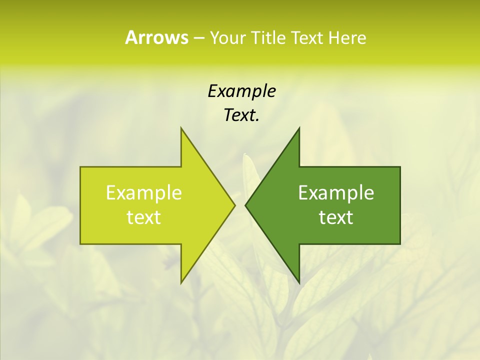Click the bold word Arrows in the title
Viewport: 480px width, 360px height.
click(156, 37)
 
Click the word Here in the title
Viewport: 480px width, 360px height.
click(347, 38)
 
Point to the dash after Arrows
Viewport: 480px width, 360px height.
click(198, 38)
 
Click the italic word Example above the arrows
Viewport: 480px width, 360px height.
click(241, 91)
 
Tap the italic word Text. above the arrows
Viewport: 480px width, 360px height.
click(241, 115)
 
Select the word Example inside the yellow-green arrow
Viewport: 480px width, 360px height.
click(144, 192)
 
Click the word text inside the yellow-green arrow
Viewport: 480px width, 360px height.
click(144, 217)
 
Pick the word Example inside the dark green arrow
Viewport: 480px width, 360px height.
click(336, 192)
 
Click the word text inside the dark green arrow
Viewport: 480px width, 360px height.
click(336, 217)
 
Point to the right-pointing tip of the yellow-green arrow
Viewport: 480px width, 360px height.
click(235, 205)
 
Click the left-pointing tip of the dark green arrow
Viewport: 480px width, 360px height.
click(245, 205)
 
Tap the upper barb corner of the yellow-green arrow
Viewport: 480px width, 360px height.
click(181, 128)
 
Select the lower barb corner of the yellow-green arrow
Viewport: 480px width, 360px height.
click(181, 283)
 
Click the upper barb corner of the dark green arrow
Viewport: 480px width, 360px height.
click(299, 128)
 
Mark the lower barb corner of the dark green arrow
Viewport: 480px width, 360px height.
click(299, 283)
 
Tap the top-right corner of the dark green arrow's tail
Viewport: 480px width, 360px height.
click(400, 167)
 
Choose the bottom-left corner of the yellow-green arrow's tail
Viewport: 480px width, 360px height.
click(80, 244)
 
